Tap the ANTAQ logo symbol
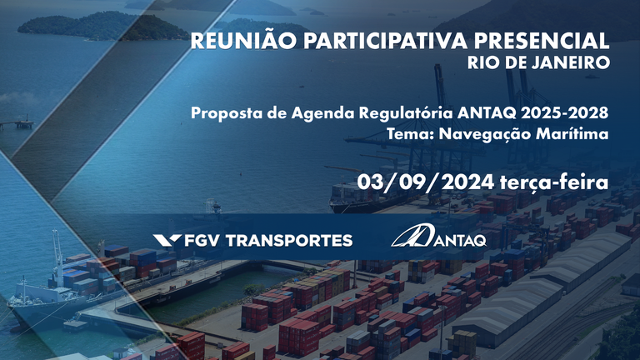(x=410, y=237)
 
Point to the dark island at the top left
(x=92, y=25)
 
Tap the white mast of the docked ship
(x=56, y=250)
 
